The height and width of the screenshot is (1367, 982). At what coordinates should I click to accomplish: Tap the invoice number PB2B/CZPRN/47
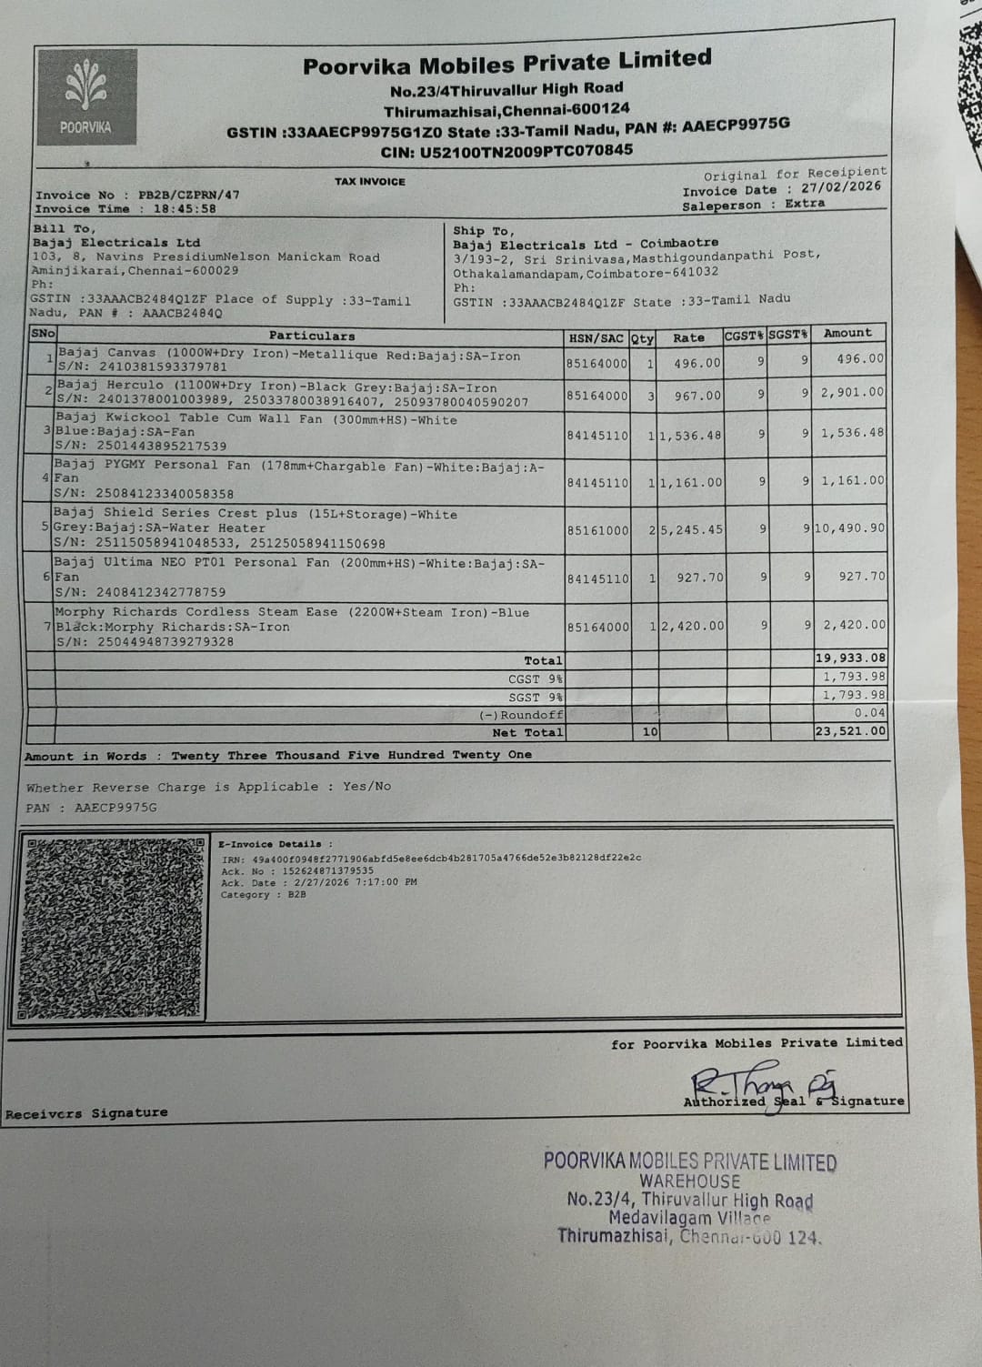point(188,195)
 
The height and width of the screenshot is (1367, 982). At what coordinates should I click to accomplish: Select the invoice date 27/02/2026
point(841,187)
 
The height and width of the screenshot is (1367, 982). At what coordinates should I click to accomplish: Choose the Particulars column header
point(312,336)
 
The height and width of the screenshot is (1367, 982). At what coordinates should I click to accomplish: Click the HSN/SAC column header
point(596,338)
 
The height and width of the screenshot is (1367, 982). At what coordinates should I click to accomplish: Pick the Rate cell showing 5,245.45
point(692,529)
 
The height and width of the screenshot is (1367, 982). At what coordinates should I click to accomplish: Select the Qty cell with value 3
point(650,396)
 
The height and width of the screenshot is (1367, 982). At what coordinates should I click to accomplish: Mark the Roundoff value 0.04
point(869,713)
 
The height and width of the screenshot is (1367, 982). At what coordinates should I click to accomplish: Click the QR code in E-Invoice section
point(113,928)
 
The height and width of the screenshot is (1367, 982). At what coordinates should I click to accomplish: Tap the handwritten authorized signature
point(764,1082)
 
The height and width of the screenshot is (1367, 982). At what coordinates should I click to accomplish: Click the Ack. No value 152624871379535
point(328,870)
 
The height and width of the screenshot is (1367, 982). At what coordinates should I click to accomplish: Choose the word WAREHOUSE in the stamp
point(689,1181)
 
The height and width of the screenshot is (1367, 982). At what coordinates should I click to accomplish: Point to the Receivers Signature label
point(86,1113)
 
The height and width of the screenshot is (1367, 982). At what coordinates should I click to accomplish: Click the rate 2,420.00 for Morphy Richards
point(692,626)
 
